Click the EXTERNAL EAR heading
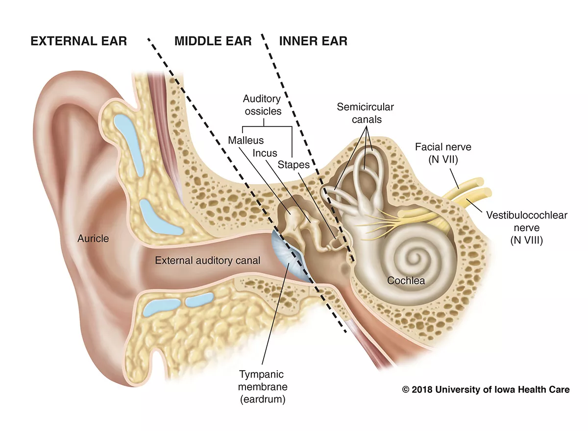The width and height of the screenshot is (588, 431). pyautogui.click(x=78, y=41)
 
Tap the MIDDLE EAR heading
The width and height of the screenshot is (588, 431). pyautogui.click(x=213, y=41)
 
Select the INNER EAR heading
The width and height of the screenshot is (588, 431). pyautogui.click(x=313, y=41)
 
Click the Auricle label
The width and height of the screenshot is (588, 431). pyautogui.click(x=93, y=239)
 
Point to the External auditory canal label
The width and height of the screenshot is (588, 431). pyautogui.click(x=208, y=261)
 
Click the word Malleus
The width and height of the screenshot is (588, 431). pyautogui.click(x=245, y=141)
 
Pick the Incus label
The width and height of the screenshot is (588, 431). pyautogui.click(x=265, y=153)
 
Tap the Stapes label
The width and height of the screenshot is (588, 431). pyautogui.click(x=294, y=165)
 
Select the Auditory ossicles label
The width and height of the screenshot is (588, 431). pyautogui.click(x=262, y=105)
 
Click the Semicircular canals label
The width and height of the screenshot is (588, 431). pyautogui.click(x=365, y=113)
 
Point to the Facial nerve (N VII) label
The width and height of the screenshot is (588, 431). pyautogui.click(x=436, y=152)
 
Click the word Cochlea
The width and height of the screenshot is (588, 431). pyautogui.click(x=406, y=281)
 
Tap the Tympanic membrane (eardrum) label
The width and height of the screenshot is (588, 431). pyautogui.click(x=262, y=387)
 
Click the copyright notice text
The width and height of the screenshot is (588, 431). pyautogui.click(x=486, y=390)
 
